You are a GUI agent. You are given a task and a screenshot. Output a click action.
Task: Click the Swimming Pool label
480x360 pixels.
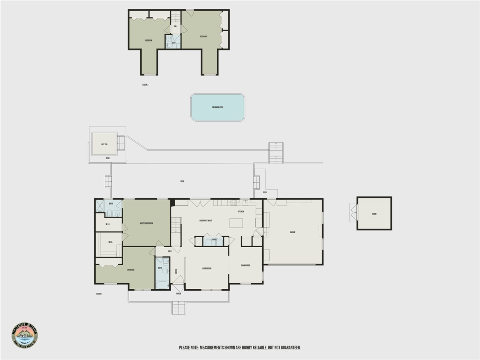click(218, 107)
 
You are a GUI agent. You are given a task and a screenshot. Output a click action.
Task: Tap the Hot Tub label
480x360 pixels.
click(104, 144)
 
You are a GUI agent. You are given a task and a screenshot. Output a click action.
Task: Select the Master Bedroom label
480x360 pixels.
click(146, 223)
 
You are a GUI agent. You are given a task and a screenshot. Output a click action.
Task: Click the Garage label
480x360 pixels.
click(292, 232)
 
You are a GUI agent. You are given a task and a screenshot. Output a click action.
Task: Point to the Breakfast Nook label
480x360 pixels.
click(206, 221)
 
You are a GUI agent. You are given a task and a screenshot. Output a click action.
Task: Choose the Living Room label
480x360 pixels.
click(207, 268)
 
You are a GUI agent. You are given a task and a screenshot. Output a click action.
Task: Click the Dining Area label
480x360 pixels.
click(246, 265)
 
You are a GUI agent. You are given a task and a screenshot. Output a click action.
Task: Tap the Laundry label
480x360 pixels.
click(214, 240)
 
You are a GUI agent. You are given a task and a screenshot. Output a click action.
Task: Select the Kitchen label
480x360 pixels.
click(241, 212)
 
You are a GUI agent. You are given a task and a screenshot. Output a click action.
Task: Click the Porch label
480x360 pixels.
click(178, 294)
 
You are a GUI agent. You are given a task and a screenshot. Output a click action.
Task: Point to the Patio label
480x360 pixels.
click(265, 192)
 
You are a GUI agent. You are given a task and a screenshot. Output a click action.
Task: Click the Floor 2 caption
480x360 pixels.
click(145, 85)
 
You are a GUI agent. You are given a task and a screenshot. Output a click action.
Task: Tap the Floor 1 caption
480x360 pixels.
click(99, 294)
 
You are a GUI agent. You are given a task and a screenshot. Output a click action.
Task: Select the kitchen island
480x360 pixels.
click(236, 223)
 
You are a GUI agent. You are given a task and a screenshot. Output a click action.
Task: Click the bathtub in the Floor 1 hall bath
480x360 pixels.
click(162, 284)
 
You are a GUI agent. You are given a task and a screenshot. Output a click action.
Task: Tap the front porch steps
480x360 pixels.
click(179, 308)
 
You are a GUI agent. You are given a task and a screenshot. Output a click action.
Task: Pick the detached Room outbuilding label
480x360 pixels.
click(374, 214)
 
